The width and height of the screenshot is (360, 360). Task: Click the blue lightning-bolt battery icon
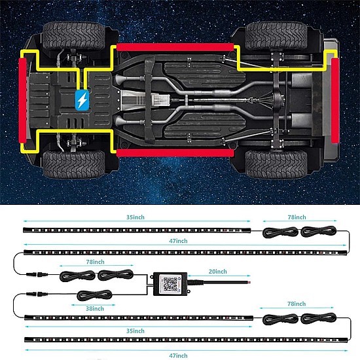(82, 100)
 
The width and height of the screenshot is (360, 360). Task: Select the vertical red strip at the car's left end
(22, 101)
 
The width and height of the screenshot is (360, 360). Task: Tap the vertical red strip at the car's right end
(335, 101)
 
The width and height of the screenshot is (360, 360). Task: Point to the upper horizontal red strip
(175, 47)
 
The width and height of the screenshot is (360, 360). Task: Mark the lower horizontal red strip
(175, 153)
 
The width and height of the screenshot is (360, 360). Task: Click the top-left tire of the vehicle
(74, 36)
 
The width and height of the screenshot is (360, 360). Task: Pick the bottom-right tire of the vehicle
(276, 164)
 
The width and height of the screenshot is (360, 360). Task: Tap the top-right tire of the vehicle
(276, 36)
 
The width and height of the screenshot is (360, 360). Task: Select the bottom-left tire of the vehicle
(74, 164)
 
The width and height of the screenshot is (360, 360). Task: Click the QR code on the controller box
(170, 284)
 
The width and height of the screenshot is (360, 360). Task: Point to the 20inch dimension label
(218, 272)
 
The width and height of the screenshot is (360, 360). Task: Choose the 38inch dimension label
(95, 308)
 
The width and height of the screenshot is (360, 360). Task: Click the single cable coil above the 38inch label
(95, 295)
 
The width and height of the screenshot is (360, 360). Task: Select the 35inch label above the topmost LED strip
(135, 217)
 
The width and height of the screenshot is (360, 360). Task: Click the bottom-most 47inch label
(178, 355)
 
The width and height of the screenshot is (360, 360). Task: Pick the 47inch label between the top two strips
(178, 241)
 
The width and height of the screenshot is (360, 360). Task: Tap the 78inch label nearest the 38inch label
(96, 262)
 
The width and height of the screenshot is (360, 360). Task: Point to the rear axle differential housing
(278, 100)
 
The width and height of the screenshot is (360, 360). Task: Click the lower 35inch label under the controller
(135, 331)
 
